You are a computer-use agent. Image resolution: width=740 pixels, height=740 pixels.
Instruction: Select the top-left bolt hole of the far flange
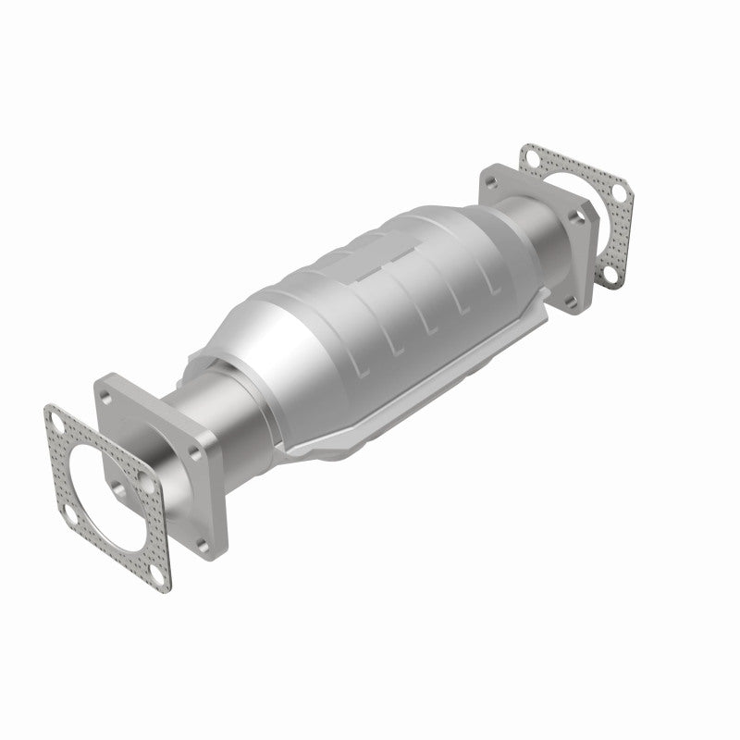491,179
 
